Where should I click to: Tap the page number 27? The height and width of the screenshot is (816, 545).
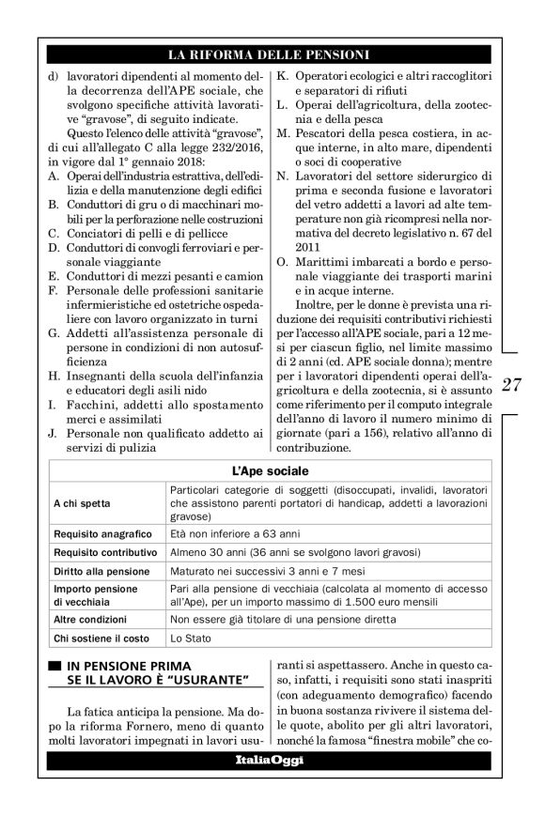click(x=511, y=384)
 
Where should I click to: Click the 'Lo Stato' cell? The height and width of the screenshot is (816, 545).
click(x=191, y=639)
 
